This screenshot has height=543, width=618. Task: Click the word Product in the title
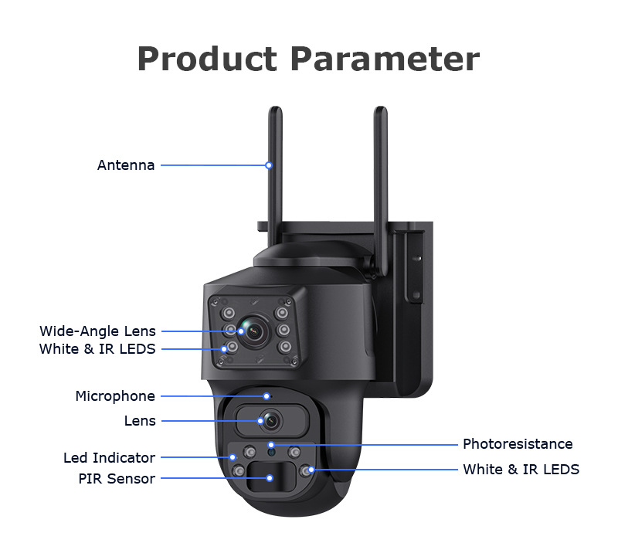pos(207,59)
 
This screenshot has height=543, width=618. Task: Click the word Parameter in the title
pos(385,59)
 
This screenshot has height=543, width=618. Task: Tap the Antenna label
pos(126,165)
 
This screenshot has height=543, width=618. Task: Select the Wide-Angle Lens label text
pos(97,331)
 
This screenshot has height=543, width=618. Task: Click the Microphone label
pos(115,396)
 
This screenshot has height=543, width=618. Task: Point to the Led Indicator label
pos(109,457)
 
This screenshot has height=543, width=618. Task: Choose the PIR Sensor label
pos(117,478)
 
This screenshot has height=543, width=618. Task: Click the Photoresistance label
pos(518,444)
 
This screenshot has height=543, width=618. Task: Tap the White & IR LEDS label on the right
pos(521,470)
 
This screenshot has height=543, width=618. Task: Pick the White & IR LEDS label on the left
pos(97,348)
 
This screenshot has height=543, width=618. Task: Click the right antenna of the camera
pos(380,189)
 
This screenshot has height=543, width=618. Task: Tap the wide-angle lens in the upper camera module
pos(254,332)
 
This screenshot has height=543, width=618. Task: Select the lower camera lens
pos(271,421)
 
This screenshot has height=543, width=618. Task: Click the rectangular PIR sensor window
pos(271,477)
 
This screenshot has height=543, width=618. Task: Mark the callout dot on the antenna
pos(269,165)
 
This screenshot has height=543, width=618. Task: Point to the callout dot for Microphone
pos(267,396)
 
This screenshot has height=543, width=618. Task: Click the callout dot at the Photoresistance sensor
pos(271,445)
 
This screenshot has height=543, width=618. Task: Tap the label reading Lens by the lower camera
pos(140,421)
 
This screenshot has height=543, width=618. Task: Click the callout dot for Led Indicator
pos(233,457)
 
